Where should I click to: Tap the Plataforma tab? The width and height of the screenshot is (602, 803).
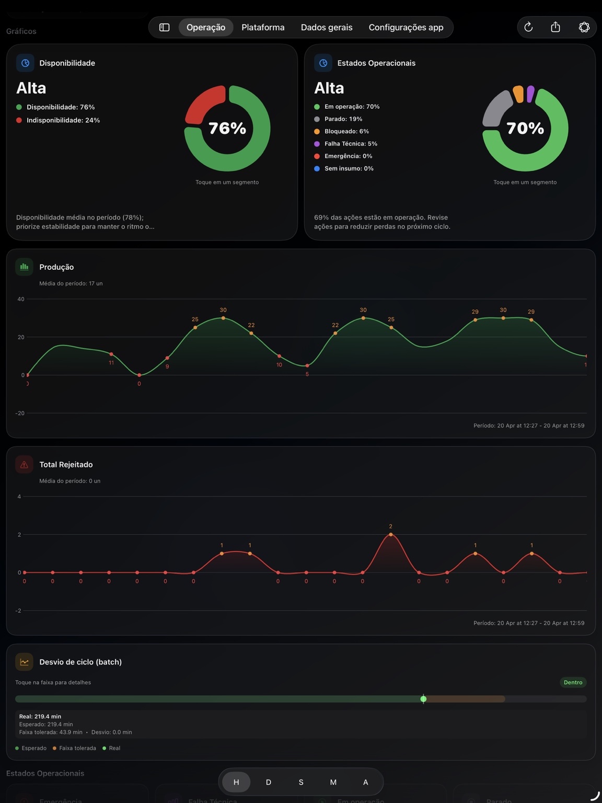(x=263, y=27)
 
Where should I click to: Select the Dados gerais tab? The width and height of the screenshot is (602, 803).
(x=327, y=27)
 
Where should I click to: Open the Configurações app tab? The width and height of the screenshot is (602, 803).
(x=406, y=27)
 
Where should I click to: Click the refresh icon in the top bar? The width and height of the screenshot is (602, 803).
(x=528, y=27)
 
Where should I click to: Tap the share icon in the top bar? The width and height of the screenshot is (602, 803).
(x=555, y=27)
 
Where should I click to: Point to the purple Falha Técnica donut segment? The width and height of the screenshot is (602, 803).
(x=530, y=94)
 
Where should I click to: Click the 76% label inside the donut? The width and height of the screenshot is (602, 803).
(x=227, y=128)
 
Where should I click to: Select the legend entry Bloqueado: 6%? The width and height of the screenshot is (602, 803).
(x=346, y=131)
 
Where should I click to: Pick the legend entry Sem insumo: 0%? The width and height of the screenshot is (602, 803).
(x=349, y=168)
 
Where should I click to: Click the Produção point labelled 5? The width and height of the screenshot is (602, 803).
(x=307, y=365)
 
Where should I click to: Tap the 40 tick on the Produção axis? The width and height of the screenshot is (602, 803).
(x=21, y=299)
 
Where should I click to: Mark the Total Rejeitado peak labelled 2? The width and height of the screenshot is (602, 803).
(x=391, y=534)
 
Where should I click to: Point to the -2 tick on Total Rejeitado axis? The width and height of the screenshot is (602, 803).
(x=18, y=611)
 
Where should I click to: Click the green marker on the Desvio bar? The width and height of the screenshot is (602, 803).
(x=423, y=699)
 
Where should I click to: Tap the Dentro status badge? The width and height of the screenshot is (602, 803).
(x=573, y=682)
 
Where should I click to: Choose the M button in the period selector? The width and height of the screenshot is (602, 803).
(x=333, y=782)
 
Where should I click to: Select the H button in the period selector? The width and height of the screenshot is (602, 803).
(x=236, y=782)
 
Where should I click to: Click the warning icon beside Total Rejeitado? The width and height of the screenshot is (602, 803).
(x=24, y=464)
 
